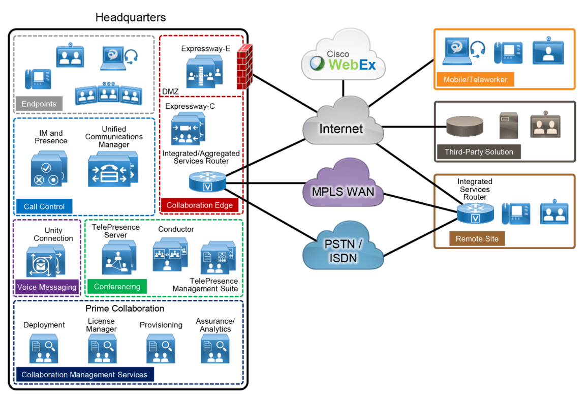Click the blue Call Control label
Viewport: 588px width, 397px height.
tap(44, 206)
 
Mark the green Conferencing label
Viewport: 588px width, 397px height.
tap(117, 287)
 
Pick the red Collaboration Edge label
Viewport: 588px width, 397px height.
tap(200, 205)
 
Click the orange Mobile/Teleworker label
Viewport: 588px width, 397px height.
tap(475, 80)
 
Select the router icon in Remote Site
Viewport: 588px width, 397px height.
tap(475, 214)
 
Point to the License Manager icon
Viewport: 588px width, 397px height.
tap(102, 349)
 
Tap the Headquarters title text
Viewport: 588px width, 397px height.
tap(131, 18)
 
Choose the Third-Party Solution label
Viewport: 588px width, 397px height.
tap(479, 151)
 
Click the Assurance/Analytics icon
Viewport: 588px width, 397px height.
tap(215, 349)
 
